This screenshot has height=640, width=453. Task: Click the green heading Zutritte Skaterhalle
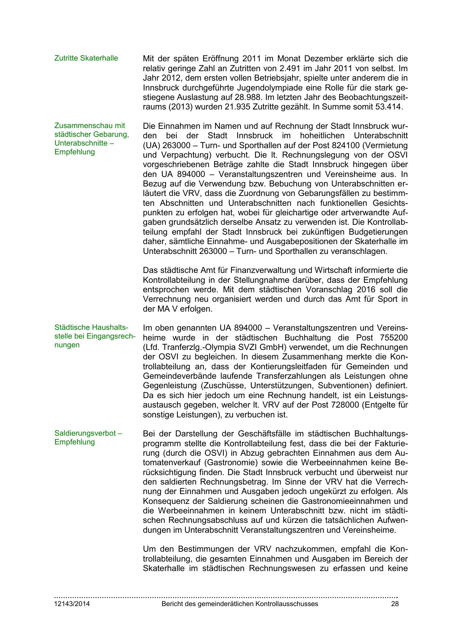(x=86, y=58)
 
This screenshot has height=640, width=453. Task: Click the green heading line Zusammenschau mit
(x=90, y=126)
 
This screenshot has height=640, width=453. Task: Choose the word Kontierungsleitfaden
(x=271, y=366)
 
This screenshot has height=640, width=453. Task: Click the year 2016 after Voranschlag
(x=366, y=290)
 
